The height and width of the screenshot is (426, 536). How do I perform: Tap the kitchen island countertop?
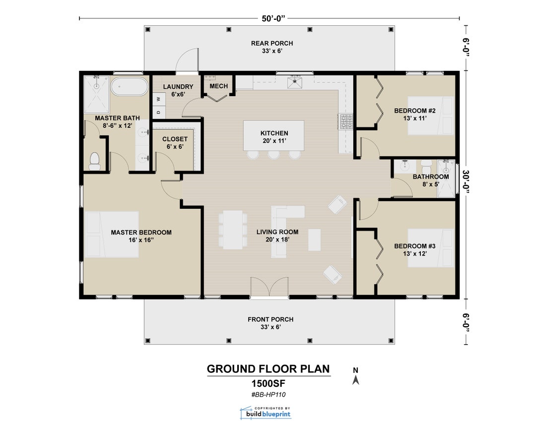click(x=274, y=135)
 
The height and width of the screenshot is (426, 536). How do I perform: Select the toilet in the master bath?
click(x=94, y=160)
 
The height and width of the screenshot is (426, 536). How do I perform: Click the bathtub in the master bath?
click(x=129, y=86)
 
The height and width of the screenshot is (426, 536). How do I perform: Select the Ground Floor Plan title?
click(x=268, y=369)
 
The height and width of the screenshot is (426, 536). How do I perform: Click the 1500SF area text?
click(x=268, y=383)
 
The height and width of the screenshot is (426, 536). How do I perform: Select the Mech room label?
click(x=218, y=86)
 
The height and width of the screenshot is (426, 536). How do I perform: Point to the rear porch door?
click(x=188, y=60)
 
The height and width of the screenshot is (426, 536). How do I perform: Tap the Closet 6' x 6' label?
click(x=175, y=143)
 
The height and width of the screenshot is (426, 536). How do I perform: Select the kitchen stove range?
click(x=345, y=122)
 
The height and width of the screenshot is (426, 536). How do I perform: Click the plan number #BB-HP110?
click(x=268, y=395)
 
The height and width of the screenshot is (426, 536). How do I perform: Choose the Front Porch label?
click(x=270, y=323)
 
